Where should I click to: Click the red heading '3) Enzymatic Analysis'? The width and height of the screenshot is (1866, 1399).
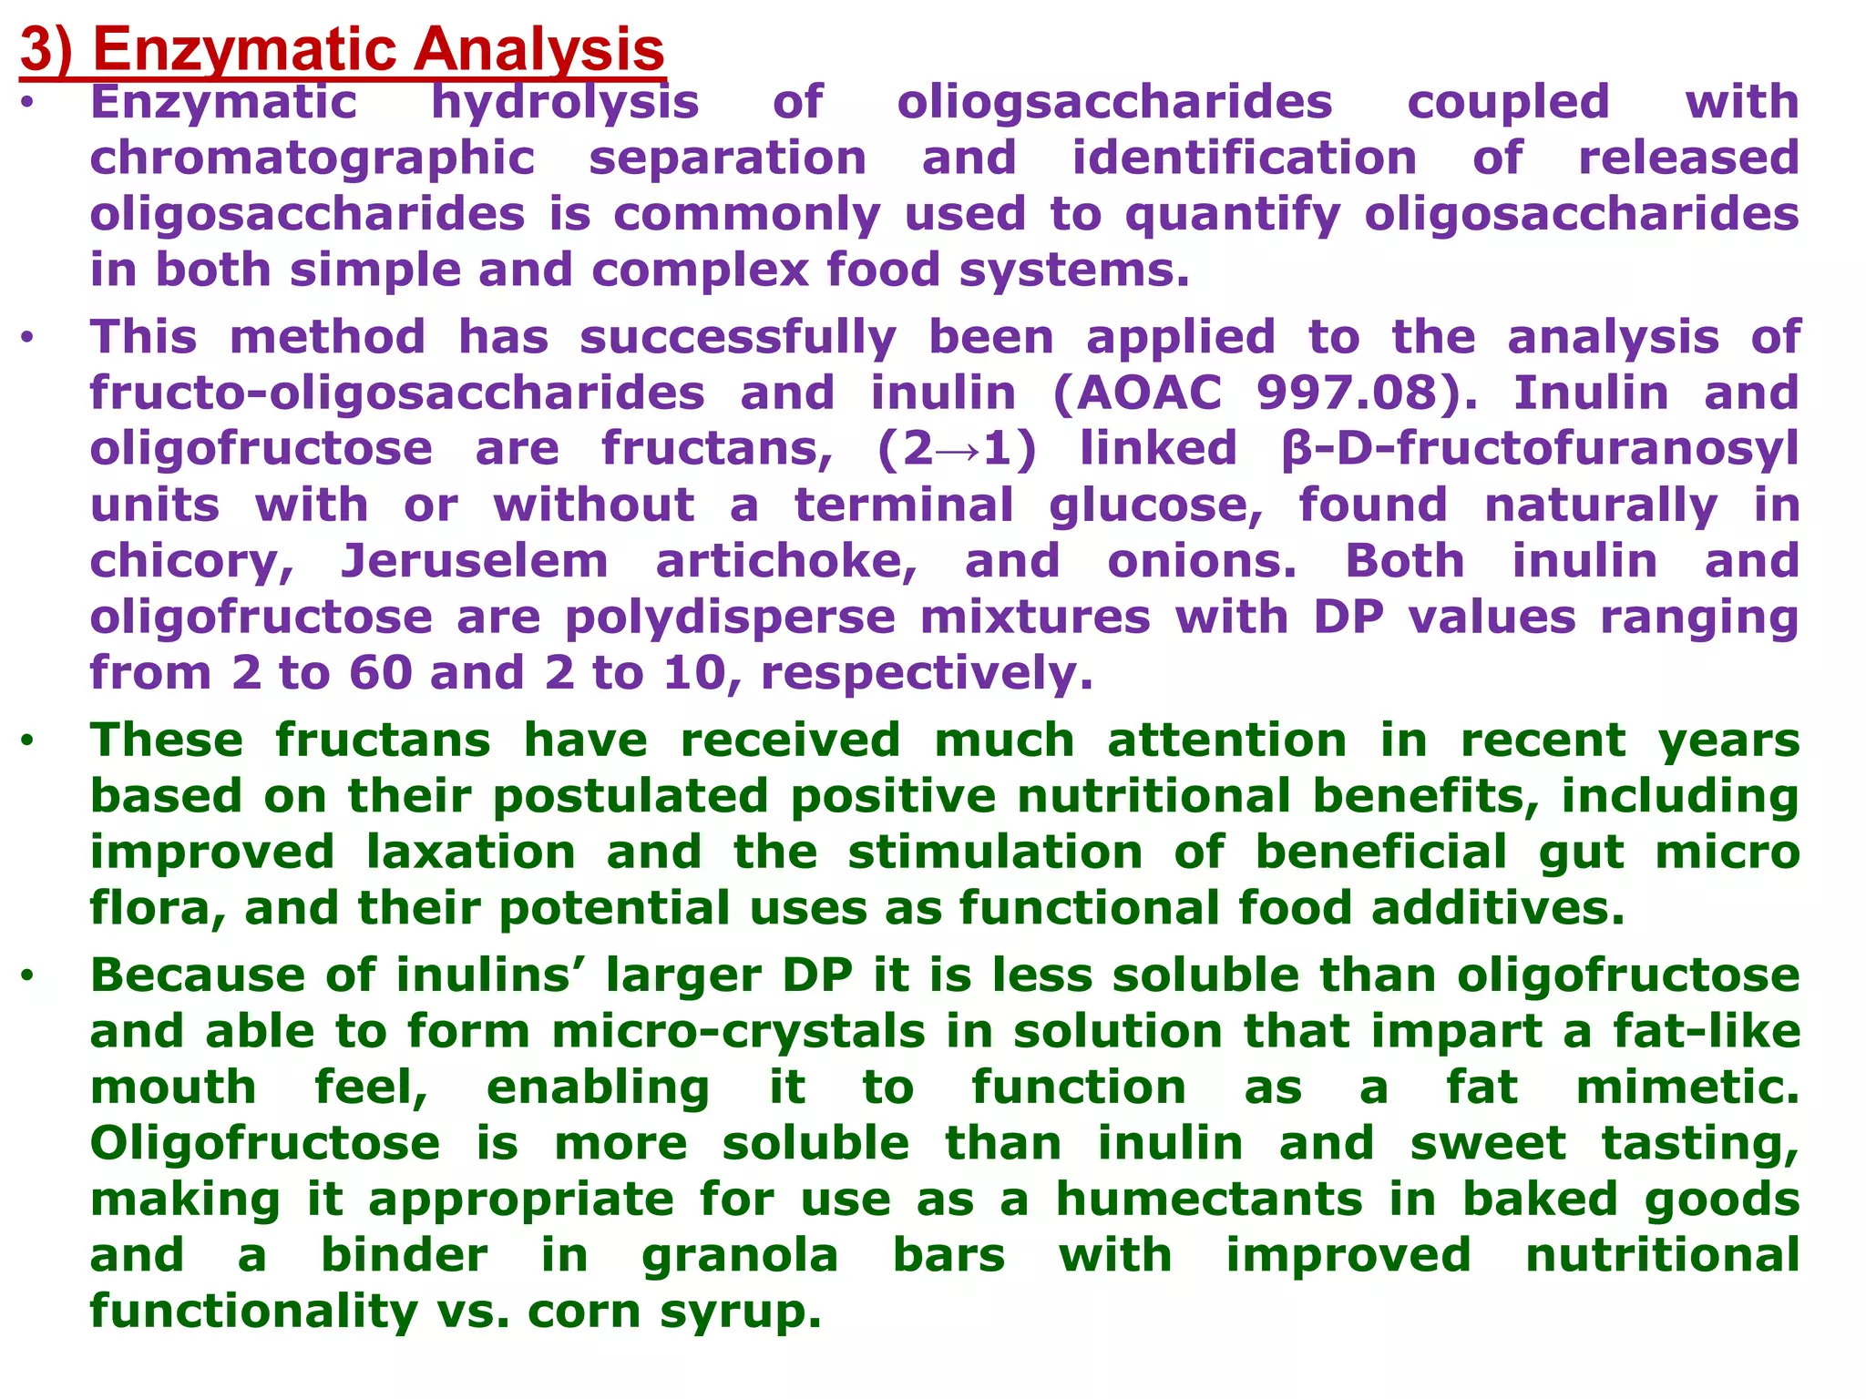point(342,49)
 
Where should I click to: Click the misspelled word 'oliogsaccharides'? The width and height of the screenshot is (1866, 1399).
point(1114,102)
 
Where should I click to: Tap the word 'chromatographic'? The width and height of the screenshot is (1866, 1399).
point(312,158)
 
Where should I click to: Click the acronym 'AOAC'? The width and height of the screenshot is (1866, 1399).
point(1150,393)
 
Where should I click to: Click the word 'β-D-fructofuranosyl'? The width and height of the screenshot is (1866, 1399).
point(1539,450)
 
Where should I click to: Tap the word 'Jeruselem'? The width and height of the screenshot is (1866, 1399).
point(475,561)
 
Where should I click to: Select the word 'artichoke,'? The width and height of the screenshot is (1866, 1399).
point(786,561)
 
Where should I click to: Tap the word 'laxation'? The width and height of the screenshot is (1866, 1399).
point(471,853)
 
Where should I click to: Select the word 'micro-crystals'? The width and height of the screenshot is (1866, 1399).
point(739,1032)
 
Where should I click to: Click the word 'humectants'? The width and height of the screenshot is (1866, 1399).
point(1209,1200)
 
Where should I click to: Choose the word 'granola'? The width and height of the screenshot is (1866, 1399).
point(740,1256)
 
